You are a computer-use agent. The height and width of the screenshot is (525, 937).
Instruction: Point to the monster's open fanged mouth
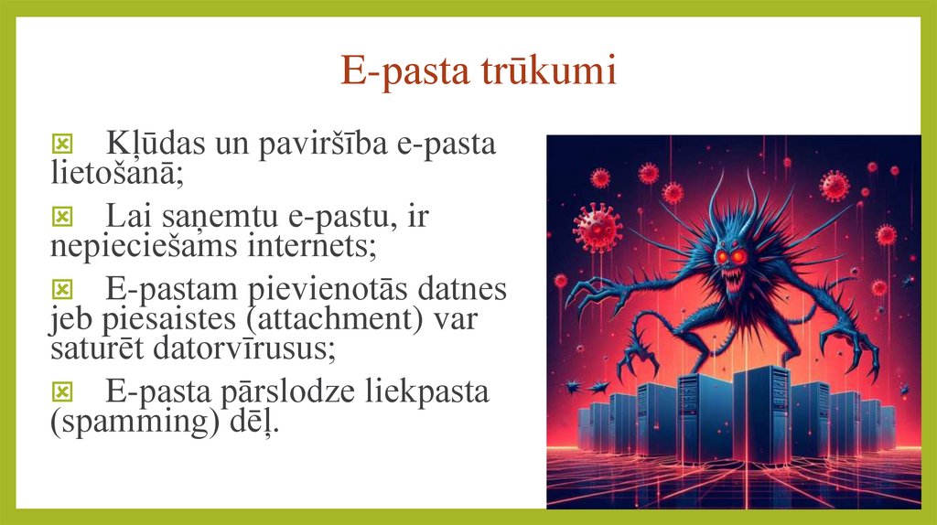click(732, 284)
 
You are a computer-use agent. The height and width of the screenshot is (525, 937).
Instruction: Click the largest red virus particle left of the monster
click(598, 227)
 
